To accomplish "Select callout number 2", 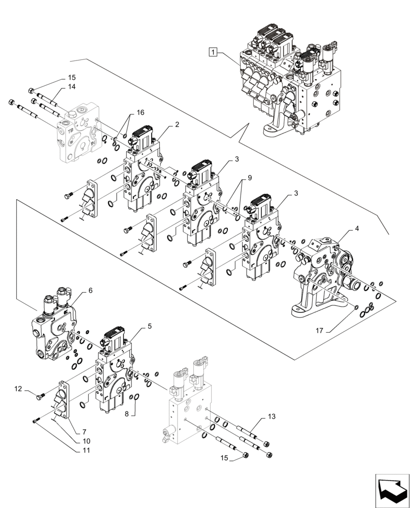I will point(177,124).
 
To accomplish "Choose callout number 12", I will point(18,389).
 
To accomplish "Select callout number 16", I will point(141,112).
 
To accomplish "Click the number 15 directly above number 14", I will point(72,78).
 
